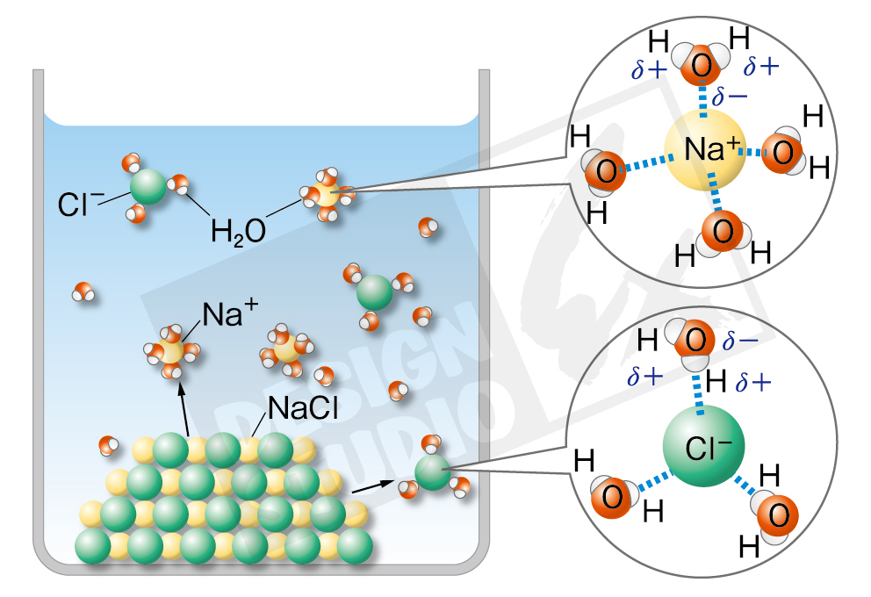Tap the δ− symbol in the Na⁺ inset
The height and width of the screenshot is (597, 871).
click(731, 96)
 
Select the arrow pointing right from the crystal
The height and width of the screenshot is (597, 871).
click(371, 486)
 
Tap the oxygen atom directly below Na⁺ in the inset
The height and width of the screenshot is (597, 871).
click(723, 232)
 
